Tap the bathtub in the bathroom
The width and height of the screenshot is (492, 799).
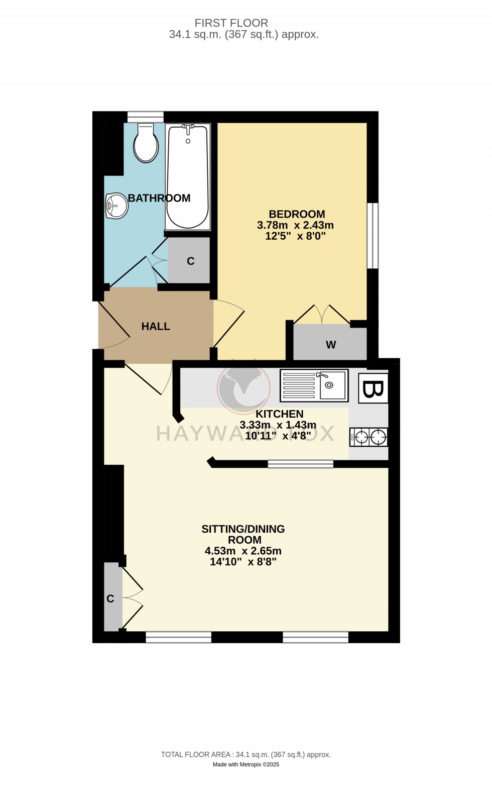coord(187,177)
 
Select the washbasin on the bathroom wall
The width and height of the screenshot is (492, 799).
coord(116,206)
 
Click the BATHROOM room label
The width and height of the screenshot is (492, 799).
coord(159,198)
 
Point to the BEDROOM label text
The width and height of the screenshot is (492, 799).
coord(297,214)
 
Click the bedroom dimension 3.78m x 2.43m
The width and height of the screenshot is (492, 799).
coord(295,225)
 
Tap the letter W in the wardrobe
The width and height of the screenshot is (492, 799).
coord(331,345)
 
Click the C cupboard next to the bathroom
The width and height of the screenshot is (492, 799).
coord(190,261)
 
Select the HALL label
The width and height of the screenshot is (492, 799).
coord(156,326)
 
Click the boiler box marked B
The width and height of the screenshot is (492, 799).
coord(373,388)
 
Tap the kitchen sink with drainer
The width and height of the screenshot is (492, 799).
coord(314,385)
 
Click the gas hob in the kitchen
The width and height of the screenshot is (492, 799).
coord(369,437)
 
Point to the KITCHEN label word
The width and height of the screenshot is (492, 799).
coord(280,414)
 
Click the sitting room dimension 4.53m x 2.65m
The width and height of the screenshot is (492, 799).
coord(243,551)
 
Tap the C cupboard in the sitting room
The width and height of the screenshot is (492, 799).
coord(111,598)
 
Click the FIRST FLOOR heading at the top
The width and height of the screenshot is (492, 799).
coord(231,23)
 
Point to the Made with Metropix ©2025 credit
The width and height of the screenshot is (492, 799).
coord(246,764)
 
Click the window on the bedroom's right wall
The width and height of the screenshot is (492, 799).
coord(373,236)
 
